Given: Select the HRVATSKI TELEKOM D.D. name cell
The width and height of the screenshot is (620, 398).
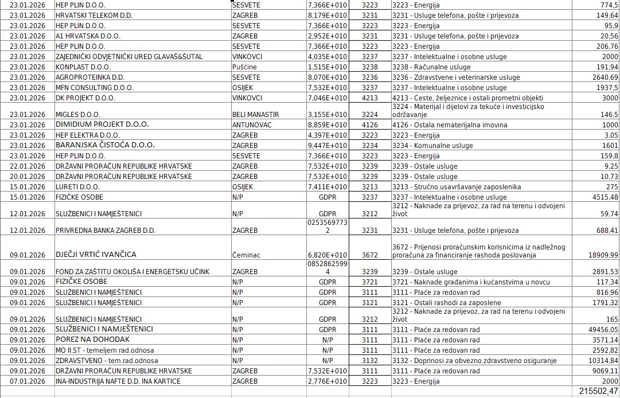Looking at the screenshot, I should pos(94,15).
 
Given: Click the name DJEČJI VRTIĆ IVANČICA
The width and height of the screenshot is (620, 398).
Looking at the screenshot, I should pos(96,255).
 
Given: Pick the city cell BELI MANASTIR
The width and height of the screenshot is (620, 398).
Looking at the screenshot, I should pos(255,115).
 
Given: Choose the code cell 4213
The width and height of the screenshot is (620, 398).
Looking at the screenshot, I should pos(370,98).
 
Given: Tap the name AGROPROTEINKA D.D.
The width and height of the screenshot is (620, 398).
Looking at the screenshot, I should pos(90,77).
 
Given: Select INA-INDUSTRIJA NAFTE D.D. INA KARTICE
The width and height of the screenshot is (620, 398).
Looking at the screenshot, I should pos(118,381).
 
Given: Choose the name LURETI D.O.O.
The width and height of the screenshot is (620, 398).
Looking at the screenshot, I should pos(77,187).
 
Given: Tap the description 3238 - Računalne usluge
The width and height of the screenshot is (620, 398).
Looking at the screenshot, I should pos(431,67).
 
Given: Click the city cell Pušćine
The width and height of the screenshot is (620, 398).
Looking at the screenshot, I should pos(244,67).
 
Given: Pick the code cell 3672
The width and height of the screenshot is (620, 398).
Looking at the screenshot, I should pos(370,255).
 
